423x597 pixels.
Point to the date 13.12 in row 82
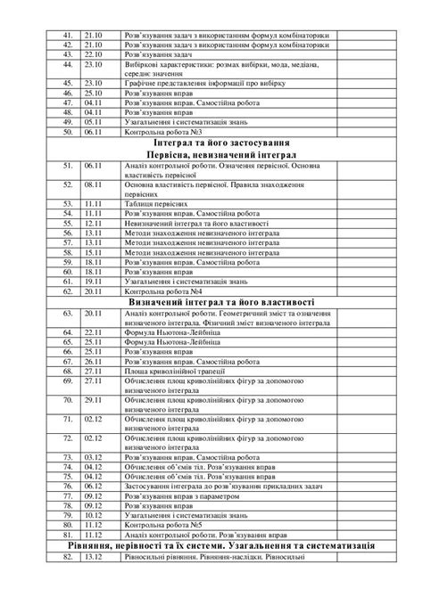click(94, 557)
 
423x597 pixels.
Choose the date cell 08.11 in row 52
click(94, 185)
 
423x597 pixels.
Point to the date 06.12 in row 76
click(94, 488)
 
